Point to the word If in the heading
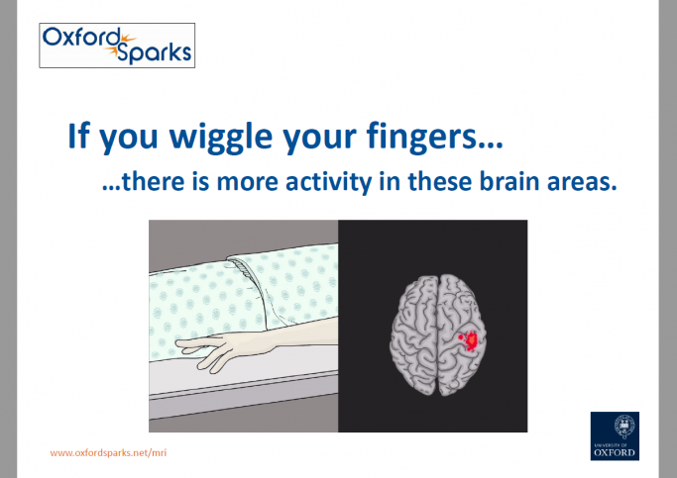(79, 137)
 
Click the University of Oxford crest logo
(614, 434)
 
